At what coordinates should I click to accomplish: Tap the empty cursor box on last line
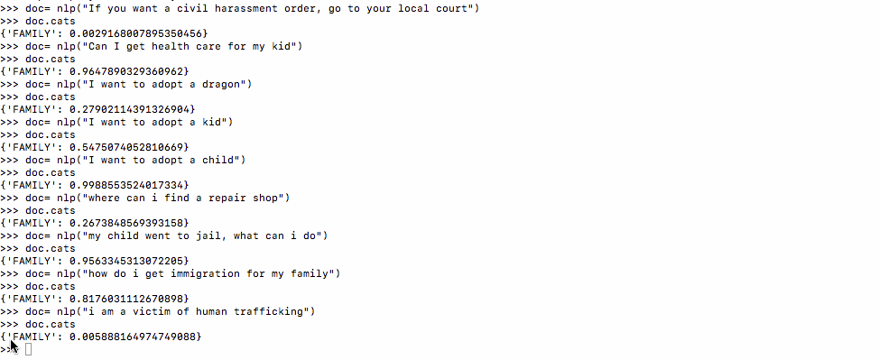tap(29, 349)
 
